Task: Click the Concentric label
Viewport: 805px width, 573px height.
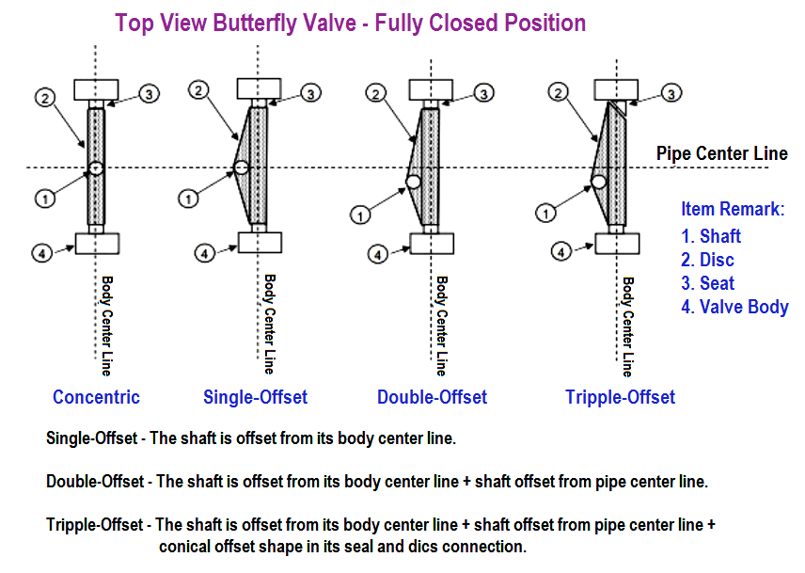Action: (x=96, y=397)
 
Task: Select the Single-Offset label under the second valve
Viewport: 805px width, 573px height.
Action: (x=255, y=397)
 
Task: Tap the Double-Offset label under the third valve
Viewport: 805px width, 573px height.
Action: (x=432, y=397)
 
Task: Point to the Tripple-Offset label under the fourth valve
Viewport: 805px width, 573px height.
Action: (x=620, y=397)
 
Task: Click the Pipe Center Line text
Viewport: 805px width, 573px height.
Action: (x=722, y=153)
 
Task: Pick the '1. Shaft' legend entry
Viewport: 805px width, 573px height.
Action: (x=711, y=236)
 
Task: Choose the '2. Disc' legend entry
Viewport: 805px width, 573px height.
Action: (x=707, y=260)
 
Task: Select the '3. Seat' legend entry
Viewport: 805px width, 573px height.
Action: (x=708, y=283)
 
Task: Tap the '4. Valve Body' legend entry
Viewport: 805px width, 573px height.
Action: (x=734, y=307)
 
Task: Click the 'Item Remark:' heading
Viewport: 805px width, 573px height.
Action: (x=733, y=209)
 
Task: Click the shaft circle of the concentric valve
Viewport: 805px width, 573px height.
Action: (x=96, y=167)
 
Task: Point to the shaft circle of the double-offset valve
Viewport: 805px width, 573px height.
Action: (x=413, y=182)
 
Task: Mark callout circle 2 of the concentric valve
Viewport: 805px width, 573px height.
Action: (x=45, y=98)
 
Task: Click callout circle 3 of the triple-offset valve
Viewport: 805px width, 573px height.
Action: (x=671, y=93)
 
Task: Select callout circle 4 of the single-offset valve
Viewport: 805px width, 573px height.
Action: (x=204, y=253)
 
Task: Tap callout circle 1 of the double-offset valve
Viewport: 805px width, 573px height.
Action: (x=360, y=215)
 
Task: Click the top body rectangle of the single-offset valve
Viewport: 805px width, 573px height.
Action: (x=259, y=88)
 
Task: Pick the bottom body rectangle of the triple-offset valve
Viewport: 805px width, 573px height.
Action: (x=617, y=244)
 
